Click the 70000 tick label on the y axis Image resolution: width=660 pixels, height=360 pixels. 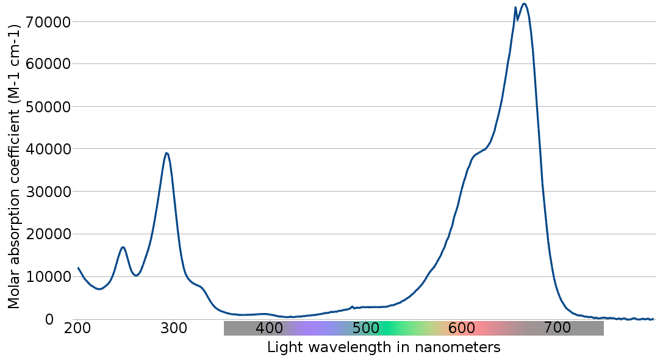point(49,22)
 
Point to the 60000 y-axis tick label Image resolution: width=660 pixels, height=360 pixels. point(49,64)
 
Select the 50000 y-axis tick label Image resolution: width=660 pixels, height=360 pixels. point(49,107)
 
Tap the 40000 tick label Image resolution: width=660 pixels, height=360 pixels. point(49,149)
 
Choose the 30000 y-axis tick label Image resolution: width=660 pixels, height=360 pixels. point(49,192)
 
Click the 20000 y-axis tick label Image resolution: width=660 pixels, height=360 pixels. point(49,234)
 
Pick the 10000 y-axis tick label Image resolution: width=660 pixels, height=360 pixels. point(49,277)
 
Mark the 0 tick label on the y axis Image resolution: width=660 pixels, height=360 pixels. point(49,320)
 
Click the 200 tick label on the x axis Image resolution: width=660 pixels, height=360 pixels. point(77,328)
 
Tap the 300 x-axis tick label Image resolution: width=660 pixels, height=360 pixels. point(174,328)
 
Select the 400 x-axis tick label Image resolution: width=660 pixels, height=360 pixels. point(270,328)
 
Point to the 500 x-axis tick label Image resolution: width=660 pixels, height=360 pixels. point(365,328)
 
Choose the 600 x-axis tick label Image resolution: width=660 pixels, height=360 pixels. point(462,328)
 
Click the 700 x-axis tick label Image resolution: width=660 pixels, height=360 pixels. point(558,328)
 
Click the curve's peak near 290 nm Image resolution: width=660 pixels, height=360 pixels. point(167,153)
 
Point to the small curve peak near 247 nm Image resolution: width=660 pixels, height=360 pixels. point(123,247)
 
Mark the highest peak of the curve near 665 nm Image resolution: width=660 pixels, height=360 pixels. point(524,4)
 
